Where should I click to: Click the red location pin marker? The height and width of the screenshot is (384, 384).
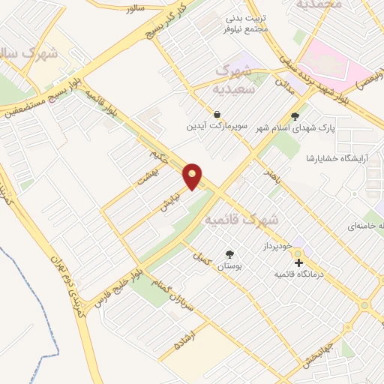tap(193, 175)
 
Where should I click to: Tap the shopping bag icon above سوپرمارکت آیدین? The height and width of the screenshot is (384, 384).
tap(217, 115)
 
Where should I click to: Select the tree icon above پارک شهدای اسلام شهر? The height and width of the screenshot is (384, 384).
tap(295, 116)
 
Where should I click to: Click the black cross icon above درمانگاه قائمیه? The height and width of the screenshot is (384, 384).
tap(298, 263)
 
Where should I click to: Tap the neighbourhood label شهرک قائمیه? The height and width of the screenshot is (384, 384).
tap(240, 220)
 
